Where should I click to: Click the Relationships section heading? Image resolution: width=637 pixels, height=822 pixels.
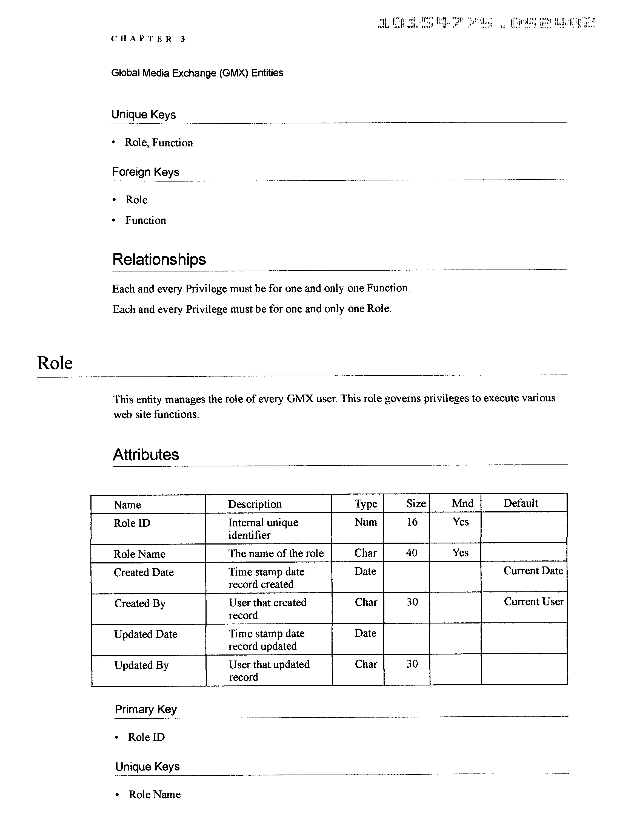[x=159, y=260]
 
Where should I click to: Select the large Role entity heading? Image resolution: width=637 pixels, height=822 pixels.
[x=55, y=363]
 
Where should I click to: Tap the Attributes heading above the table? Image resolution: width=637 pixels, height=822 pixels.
[x=146, y=455]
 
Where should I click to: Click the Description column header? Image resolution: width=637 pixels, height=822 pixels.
[x=255, y=504]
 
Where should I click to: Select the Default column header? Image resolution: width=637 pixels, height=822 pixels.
[x=521, y=503]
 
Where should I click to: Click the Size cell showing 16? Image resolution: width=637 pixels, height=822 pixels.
[x=412, y=522]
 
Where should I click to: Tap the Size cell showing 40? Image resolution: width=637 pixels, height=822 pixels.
[x=412, y=553]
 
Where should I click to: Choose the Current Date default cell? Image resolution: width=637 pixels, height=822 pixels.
[x=533, y=571]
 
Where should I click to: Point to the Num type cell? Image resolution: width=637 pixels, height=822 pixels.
[x=365, y=522]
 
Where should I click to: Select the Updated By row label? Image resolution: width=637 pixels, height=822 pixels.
[x=141, y=665]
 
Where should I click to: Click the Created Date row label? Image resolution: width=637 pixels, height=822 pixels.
[x=144, y=572]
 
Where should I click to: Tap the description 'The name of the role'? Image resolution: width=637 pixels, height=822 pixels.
[x=276, y=553]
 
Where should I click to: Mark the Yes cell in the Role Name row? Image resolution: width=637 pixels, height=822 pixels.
[x=460, y=553]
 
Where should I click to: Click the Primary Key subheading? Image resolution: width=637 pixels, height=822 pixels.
[x=146, y=710]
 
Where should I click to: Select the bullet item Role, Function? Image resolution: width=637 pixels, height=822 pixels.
[x=159, y=143]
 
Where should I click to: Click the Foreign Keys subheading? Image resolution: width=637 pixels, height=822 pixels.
[x=145, y=172]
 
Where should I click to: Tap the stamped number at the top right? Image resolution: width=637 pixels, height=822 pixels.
[x=487, y=23]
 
